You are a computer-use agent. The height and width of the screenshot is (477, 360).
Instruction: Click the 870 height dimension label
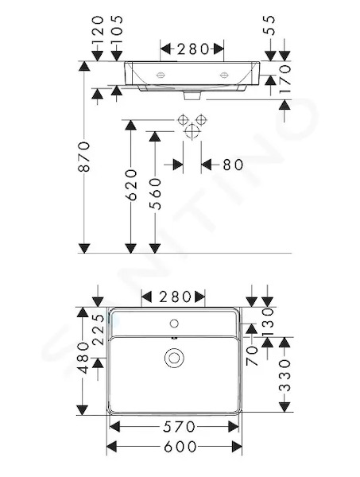point(84,157)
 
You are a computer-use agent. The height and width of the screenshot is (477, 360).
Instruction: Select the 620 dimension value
point(131,185)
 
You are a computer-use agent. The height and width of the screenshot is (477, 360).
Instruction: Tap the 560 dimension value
point(155,194)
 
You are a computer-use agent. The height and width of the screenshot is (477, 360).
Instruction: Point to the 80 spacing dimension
point(233,165)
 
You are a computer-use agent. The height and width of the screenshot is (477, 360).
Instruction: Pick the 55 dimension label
point(269,25)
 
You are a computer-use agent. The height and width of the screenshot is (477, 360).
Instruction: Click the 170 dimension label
point(285,79)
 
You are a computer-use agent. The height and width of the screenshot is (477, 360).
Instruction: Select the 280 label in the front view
point(192,49)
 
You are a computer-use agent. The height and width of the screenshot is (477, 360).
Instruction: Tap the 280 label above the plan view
point(176,297)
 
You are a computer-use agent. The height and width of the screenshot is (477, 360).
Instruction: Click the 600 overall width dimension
point(180,447)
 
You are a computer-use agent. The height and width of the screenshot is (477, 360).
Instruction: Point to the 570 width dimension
point(179,427)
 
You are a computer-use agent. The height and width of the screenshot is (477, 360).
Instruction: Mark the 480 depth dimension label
point(83,359)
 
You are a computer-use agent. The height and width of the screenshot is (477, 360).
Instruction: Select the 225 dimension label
point(99,330)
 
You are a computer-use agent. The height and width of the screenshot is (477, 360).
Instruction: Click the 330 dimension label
point(285,375)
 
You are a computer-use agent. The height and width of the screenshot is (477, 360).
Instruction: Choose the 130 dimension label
point(269,321)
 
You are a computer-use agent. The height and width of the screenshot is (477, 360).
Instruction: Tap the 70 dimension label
point(252,356)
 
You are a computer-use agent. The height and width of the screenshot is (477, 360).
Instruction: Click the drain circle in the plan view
point(174,358)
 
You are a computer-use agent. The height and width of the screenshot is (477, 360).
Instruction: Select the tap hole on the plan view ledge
point(174,324)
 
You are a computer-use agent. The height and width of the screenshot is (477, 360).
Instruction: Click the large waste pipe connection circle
point(192,131)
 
